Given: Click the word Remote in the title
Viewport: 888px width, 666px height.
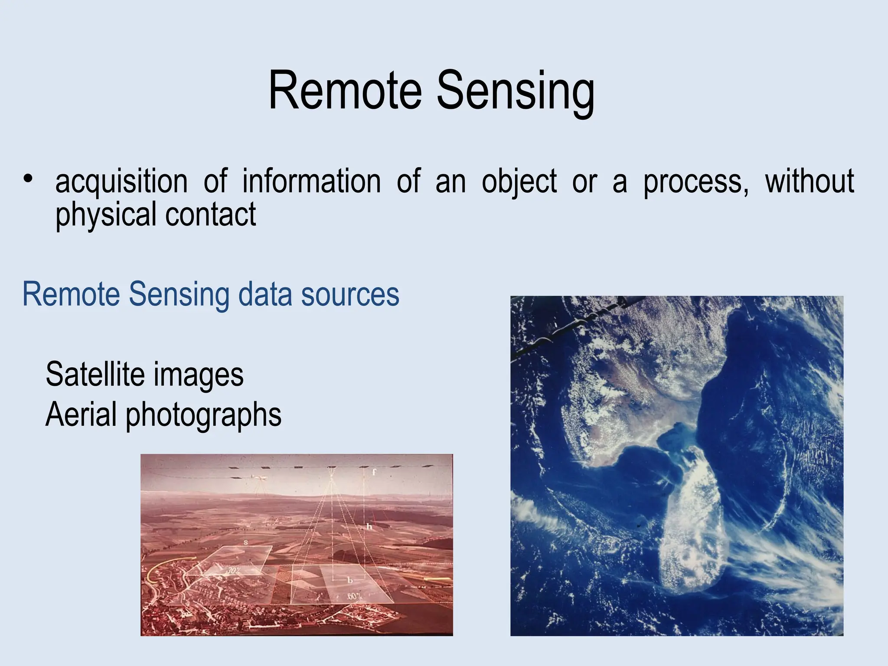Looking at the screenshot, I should coord(345,91).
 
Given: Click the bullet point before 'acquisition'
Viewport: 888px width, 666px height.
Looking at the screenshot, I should coord(28,179).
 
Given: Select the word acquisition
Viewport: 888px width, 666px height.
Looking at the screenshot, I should coord(121,182).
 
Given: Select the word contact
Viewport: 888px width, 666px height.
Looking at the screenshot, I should coord(211,215).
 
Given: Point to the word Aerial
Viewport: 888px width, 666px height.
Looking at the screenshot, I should coord(81,415).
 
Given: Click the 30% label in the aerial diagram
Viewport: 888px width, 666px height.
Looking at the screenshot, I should coord(234,571).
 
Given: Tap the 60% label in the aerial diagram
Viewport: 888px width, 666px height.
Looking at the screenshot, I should coord(353,597).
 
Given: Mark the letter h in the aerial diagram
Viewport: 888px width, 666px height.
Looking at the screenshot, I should coord(369,527).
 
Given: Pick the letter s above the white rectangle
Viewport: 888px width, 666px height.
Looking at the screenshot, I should coord(245,542).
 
